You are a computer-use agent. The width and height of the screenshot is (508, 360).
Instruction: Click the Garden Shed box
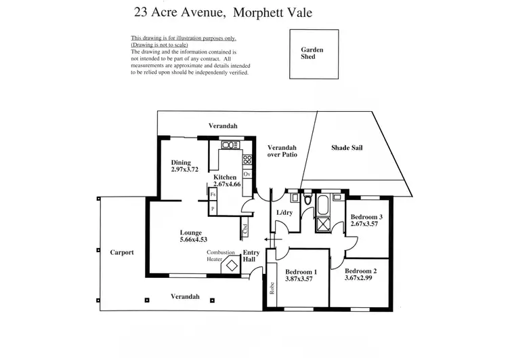click(312, 54)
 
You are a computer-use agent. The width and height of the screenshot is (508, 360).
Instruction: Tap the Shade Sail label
click(347, 147)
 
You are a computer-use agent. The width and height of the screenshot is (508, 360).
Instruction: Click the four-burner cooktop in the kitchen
click(247, 161)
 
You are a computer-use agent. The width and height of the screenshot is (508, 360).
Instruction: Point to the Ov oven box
click(247, 174)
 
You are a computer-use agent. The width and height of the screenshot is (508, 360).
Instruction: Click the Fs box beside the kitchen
click(213, 195)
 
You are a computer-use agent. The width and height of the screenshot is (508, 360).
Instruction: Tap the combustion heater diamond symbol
click(232, 264)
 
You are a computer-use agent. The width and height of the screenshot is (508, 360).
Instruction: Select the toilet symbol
click(308, 200)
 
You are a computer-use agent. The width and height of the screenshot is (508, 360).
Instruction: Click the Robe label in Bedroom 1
click(272, 289)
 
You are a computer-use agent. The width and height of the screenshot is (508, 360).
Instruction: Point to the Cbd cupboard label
click(245, 229)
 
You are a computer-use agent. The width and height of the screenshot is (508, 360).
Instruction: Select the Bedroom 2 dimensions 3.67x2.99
click(360, 277)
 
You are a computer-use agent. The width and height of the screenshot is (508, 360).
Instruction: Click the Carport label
click(122, 252)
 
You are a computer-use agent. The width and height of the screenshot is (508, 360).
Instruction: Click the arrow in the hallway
click(269, 239)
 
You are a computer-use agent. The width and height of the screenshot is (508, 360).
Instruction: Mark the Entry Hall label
click(251, 256)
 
